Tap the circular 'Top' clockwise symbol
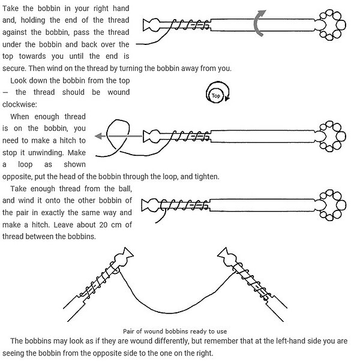tap(216, 95)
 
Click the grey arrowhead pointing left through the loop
tap(97, 135)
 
